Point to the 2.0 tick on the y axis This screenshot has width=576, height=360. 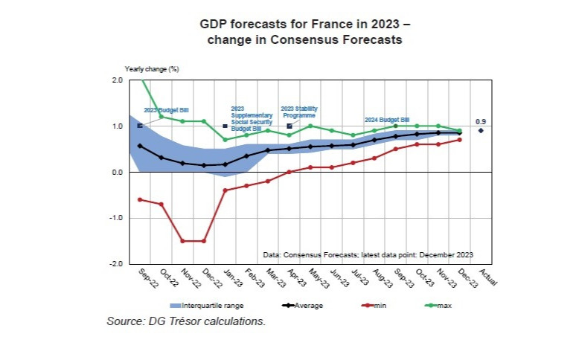tap(117, 80)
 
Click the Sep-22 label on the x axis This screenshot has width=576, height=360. tap(148, 277)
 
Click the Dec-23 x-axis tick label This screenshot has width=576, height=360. tap(467, 277)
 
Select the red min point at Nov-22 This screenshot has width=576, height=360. tap(182, 241)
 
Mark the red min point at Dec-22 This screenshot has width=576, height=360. tap(204, 241)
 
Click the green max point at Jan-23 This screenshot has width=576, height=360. tap(225, 139)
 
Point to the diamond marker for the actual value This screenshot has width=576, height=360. tap(481, 130)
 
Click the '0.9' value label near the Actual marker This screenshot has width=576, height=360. tap(481, 121)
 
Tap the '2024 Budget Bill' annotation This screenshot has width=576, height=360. tap(387, 119)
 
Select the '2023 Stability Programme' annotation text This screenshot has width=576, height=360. tap(298, 112)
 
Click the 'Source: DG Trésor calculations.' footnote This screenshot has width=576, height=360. tap(186, 321)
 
